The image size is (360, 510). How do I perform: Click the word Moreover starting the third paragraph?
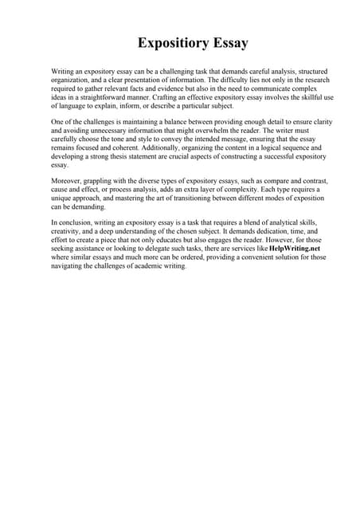coord(68,182)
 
